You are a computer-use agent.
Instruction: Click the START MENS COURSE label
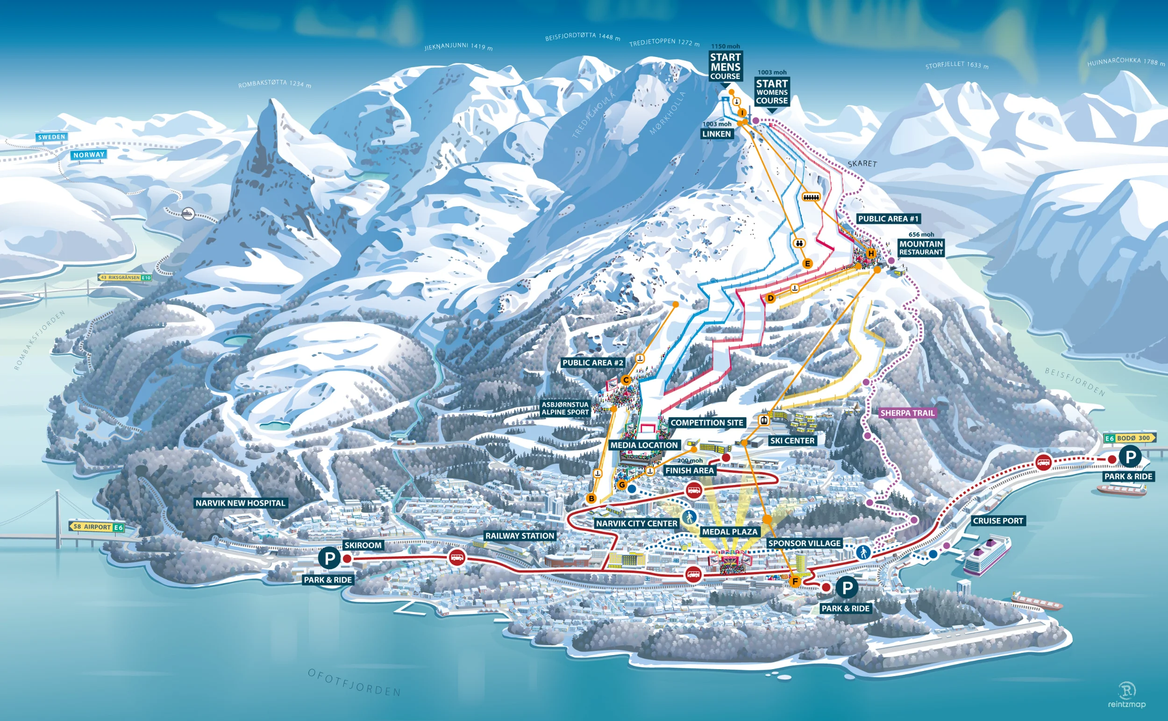pyautogui.click(x=725, y=66)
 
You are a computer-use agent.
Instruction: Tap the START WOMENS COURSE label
pyautogui.click(x=772, y=92)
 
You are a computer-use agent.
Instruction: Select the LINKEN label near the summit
pyautogui.click(x=717, y=134)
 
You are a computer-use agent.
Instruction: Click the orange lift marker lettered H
pyautogui.click(x=871, y=253)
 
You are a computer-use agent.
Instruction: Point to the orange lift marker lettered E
pyautogui.click(x=807, y=264)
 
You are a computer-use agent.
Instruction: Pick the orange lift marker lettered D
pyautogui.click(x=770, y=299)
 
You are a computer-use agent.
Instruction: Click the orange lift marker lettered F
pyautogui.click(x=795, y=581)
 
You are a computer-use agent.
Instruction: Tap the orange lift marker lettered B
pyautogui.click(x=591, y=499)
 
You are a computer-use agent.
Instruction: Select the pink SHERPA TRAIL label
pyautogui.click(x=907, y=413)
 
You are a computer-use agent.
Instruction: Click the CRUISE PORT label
pyautogui.click(x=998, y=521)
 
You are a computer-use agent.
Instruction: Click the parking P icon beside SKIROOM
pyautogui.click(x=329, y=558)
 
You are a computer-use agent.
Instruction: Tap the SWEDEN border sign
pyautogui.click(x=51, y=137)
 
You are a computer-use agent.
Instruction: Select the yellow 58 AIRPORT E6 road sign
pyautogui.click(x=97, y=527)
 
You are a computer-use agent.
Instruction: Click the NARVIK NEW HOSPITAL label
pyautogui.click(x=240, y=503)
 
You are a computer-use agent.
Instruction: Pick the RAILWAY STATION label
pyautogui.click(x=520, y=535)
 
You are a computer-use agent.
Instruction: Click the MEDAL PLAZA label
pyautogui.click(x=729, y=532)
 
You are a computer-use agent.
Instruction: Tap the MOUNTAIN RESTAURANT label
pyautogui.click(x=920, y=248)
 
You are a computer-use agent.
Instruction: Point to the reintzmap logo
pyautogui.click(x=1126, y=695)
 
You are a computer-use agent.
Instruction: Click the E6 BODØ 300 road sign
pyautogui.click(x=1129, y=438)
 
